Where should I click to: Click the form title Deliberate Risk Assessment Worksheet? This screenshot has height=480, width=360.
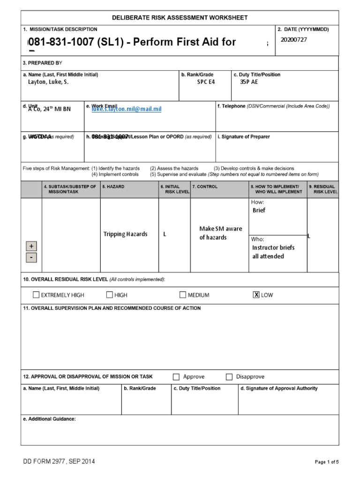click(180, 18)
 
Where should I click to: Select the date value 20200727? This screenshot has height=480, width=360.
click(293, 40)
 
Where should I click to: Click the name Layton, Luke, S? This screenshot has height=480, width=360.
click(48, 82)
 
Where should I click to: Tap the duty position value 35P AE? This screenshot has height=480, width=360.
click(248, 82)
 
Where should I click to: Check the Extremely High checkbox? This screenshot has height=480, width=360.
click(36, 295)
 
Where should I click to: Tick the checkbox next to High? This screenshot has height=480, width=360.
click(109, 295)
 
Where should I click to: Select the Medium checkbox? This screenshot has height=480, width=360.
click(183, 295)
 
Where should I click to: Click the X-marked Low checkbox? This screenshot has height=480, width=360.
click(256, 295)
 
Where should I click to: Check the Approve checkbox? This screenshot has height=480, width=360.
click(176, 377)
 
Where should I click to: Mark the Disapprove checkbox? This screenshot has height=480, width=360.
click(229, 377)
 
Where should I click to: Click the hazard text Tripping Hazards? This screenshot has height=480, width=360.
click(125, 234)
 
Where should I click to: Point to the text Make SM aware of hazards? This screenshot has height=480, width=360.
click(220, 233)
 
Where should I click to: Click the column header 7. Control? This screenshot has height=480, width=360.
click(205, 187)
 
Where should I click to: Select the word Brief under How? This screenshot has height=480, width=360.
click(259, 210)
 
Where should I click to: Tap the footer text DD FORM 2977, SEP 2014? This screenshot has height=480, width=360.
click(59, 462)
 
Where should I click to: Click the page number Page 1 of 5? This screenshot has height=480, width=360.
click(326, 462)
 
